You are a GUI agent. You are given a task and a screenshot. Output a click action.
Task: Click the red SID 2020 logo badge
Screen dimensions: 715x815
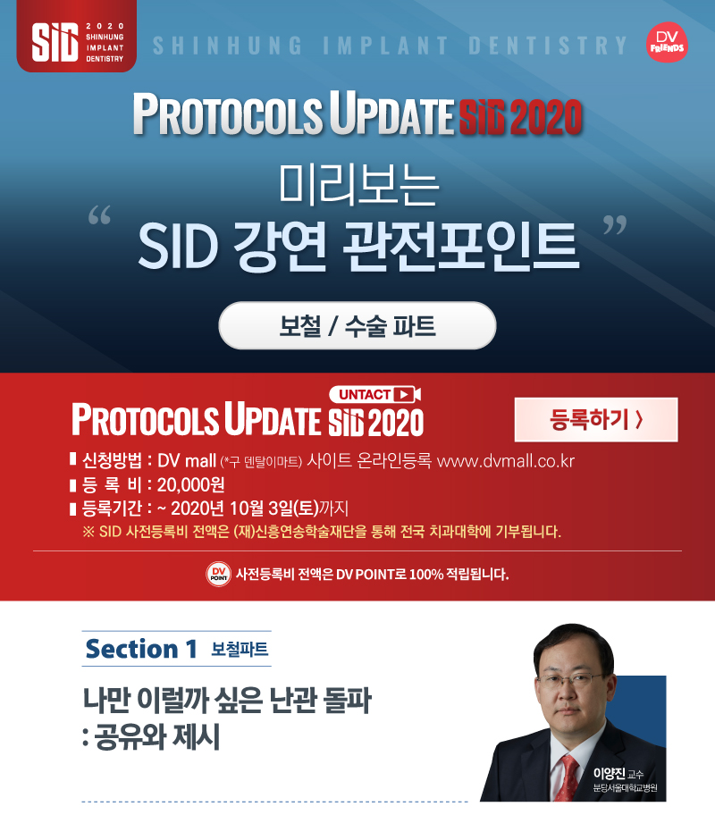[77, 36]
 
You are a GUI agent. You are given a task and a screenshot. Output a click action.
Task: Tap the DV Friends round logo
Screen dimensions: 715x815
[667, 42]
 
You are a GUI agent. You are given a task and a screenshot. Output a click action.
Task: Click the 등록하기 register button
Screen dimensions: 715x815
[596, 419]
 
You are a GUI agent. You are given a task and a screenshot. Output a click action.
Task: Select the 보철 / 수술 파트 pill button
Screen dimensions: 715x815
[357, 325]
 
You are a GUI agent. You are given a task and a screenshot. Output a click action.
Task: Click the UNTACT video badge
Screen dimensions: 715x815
[374, 394]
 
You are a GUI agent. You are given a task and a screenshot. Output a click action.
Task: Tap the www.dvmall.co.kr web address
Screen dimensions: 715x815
[506, 460]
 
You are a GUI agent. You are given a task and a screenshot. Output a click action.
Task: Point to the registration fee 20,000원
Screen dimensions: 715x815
[191, 484]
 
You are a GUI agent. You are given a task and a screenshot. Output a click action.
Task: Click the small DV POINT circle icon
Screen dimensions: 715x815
[218, 575]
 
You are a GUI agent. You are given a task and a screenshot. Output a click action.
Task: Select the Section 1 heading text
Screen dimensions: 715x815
[141, 649]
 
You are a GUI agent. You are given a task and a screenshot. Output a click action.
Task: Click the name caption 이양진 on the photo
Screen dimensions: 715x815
[609, 773]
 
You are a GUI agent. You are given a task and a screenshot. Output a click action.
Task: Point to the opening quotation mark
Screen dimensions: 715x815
[99, 214]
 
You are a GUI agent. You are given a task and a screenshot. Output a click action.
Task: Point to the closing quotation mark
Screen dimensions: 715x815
[615, 225]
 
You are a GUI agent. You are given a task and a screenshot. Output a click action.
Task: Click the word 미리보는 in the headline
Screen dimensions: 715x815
[358, 184]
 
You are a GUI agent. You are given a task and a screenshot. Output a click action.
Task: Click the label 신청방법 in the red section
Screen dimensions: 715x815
[112, 460]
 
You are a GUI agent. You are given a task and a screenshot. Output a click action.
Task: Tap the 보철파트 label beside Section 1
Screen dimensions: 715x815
[240, 649]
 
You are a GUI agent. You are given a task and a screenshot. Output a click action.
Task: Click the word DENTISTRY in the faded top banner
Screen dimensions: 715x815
[548, 46]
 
